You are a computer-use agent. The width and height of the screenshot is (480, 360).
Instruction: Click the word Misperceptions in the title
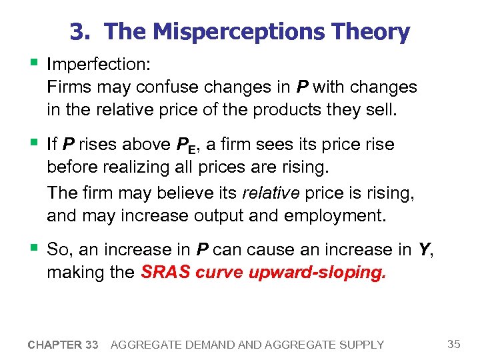pyautogui.click(x=235, y=32)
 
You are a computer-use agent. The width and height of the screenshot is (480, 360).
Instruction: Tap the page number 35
pyautogui.click(x=454, y=344)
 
